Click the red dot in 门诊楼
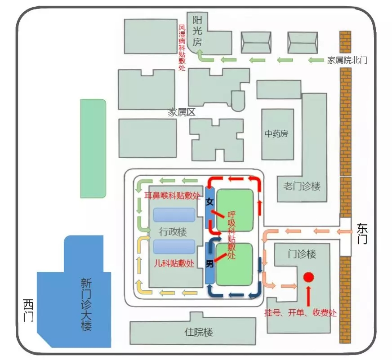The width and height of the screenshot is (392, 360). click(x=308, y=277)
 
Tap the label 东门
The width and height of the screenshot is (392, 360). click(x=362, y=234)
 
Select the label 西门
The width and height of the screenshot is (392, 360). click(x=28, y=310)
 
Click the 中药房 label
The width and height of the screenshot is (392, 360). click(x=276, y=134)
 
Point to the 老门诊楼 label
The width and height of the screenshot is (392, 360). click(x=302, y=186)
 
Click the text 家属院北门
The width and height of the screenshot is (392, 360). click(x=347, y=60)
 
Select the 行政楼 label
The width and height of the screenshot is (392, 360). click(x=173, y=231)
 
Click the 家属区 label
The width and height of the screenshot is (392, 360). click(x=182, y=112)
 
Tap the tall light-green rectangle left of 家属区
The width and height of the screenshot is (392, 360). click(x=93, y=148)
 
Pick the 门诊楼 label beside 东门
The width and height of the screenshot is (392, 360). click(x=302, y=254)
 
